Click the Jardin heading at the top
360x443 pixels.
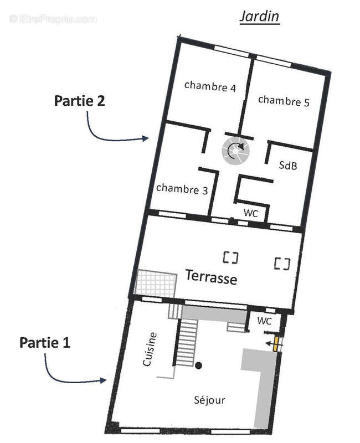tap(259, 17)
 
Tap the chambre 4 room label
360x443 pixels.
tap(210, 86)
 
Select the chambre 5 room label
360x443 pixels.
tap(284, 101)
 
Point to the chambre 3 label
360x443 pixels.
tap(182, 189)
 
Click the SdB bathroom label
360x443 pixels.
tap(288, 165)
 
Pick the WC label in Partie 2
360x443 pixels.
tap(251, 213)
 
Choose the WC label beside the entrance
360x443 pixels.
tap(265, 321)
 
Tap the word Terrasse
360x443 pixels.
tap(211, 277)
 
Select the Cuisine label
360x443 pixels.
tap(150, 349)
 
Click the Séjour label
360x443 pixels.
tap(209, 399)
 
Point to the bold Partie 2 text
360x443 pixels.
tap(79, 101)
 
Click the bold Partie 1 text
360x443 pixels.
tap(45, 342)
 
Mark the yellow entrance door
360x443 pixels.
tap(275, 344)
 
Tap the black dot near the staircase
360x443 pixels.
tap(199, 365)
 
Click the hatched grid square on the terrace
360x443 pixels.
tap(156, 284)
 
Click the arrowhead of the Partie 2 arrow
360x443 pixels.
tap(146, 138)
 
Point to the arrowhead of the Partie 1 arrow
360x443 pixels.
tap(104, 380)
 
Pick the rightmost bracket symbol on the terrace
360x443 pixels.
tap(282, 264)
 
